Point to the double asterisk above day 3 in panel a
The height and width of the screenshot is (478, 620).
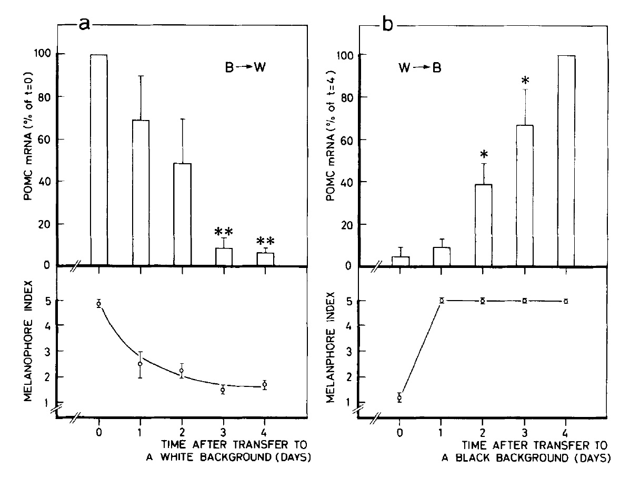pyautogui.click(x=224, y=232)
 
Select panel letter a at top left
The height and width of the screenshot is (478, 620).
pyautogui.click(x=84, y=24)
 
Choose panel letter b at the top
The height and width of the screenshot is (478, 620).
pyautogui.click(x=388, y=24)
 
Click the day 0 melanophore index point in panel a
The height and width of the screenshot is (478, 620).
pyautogui.click(x=99, y=303)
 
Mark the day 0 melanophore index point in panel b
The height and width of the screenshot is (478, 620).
pyautogui.click(x=400, y=397)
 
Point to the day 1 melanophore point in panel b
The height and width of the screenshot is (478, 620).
pyautogui.click(x=442, y=300)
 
